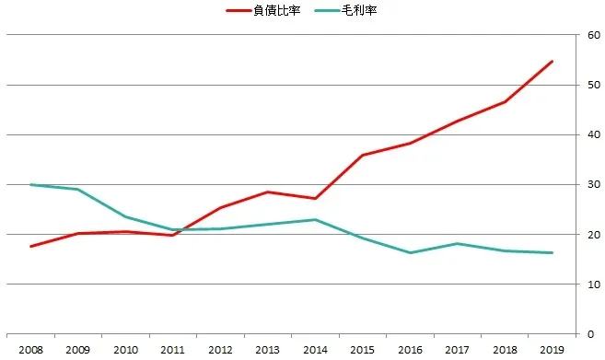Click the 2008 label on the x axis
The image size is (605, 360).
pyautogui.click(x=30, y=350)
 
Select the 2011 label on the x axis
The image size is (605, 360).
pyautogui.click(x=173, y=350)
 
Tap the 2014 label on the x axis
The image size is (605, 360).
pyautogui.click(x=314, y=350)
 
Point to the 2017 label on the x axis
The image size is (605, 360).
pyautogui.click(x=457, y=350)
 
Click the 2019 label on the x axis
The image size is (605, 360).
pyautogui.click(x=551, y=350)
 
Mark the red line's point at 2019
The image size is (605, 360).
pyautogui.click(x=551, y=62)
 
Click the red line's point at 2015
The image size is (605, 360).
pyautogui.click(x=362, y=155)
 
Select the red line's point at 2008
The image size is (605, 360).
pyautogui.click(x=30, y=246)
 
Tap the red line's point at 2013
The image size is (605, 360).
pyautogui.click(x=267, y=192)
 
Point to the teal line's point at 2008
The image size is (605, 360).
pyautogui.click(x=30, y=184)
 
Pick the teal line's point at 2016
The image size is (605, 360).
pyautogui.click(x=409, y=252)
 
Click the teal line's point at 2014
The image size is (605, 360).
pyautogui.click(x=314, y=219)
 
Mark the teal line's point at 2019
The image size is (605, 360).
pyautogui.click(x=551, y=252)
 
